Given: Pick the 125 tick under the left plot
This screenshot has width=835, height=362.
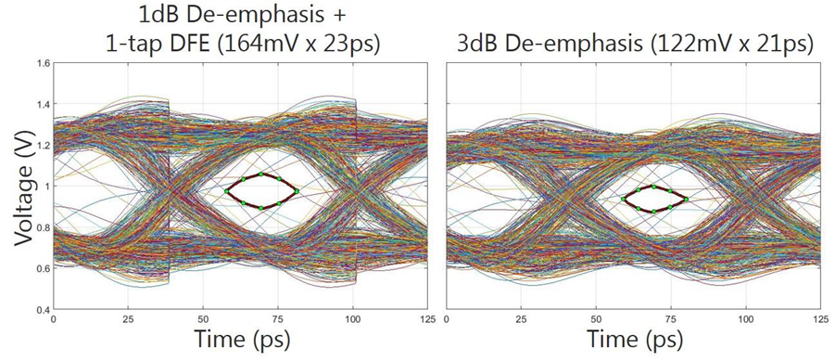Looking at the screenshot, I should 426,319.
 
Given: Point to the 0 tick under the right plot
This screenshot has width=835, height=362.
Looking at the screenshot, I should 448,319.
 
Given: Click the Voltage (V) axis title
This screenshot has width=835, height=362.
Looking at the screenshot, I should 21,186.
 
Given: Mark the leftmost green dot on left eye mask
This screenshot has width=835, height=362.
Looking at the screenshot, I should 225,191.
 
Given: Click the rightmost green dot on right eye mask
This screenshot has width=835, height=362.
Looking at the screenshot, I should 687,198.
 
